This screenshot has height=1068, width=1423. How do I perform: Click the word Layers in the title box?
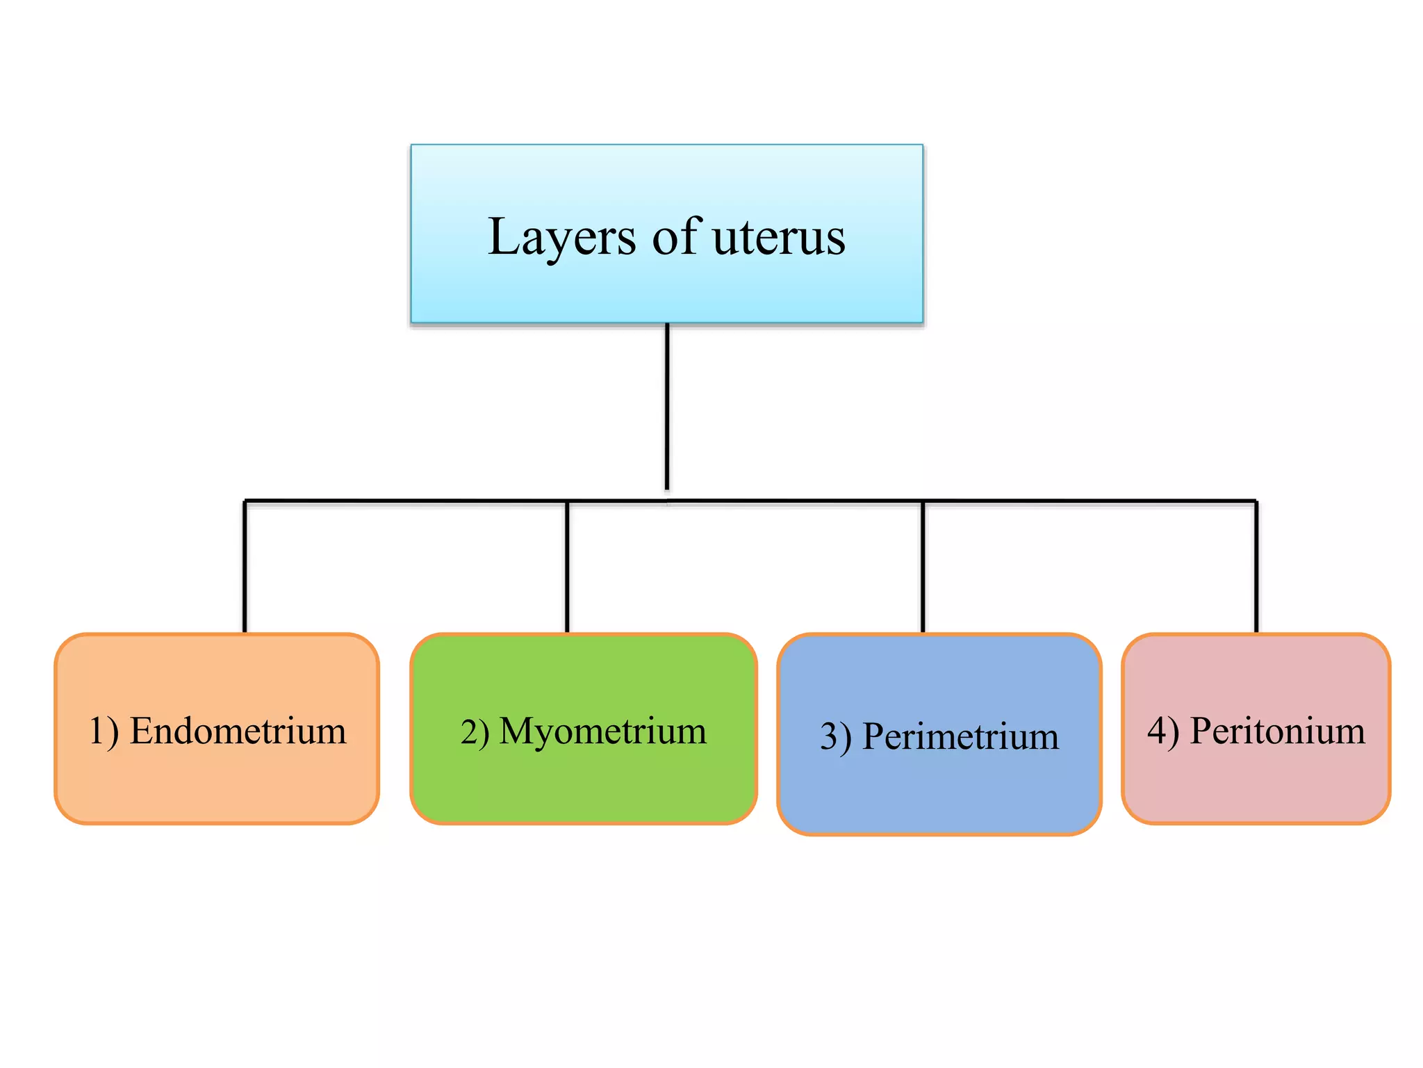[x=561, y=238]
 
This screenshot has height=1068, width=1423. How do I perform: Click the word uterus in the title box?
[x=779, y=238]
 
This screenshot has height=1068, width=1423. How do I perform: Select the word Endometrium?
[x=238, y=731]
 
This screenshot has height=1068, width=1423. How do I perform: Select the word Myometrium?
[x=602, y=731]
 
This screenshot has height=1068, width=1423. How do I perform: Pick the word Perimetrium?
[x=960, y=736]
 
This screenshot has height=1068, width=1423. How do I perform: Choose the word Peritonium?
[x=1277, y=731]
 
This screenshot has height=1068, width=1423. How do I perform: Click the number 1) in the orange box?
[x=104, y=732]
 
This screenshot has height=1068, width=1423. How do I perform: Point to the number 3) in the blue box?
[x=835, y=737]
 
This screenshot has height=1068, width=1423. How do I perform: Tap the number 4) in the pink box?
[x=1163, y=732]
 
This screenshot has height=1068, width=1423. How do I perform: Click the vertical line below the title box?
[x=667, y=407]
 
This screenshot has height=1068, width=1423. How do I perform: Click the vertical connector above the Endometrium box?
[x=245, y=567]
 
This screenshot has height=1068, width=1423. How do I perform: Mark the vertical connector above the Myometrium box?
[x=567, y=567]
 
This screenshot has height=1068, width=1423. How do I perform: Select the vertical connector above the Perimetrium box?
[x=923, y=567]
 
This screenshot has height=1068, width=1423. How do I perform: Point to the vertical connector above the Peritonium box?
[x=1256, y=567]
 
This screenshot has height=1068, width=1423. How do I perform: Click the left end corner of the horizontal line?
[x=245, y=501]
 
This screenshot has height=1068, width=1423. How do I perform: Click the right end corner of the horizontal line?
[x=1256, y=501]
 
